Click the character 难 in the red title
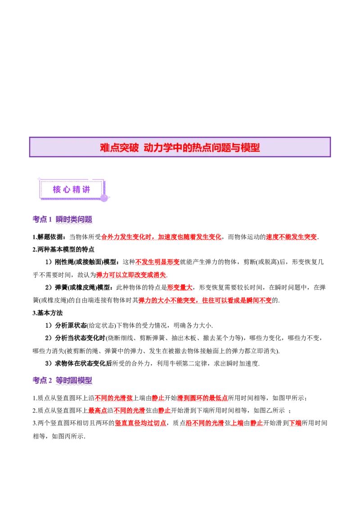coord(105,148)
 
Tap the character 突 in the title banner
coord(125,148)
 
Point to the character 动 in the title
coord(148,148)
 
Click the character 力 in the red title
coord(158,148)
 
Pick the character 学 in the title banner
coord(168,148)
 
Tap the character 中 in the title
coord(178,148)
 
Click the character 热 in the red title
coord(198,148)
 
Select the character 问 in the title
coord(218,148)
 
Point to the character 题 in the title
coord(228,148)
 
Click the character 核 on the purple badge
coord(57,190)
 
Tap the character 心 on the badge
coord(67,190)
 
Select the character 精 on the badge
coord(76,190)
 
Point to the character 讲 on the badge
coord(86,190)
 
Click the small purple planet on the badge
coord(104,198)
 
